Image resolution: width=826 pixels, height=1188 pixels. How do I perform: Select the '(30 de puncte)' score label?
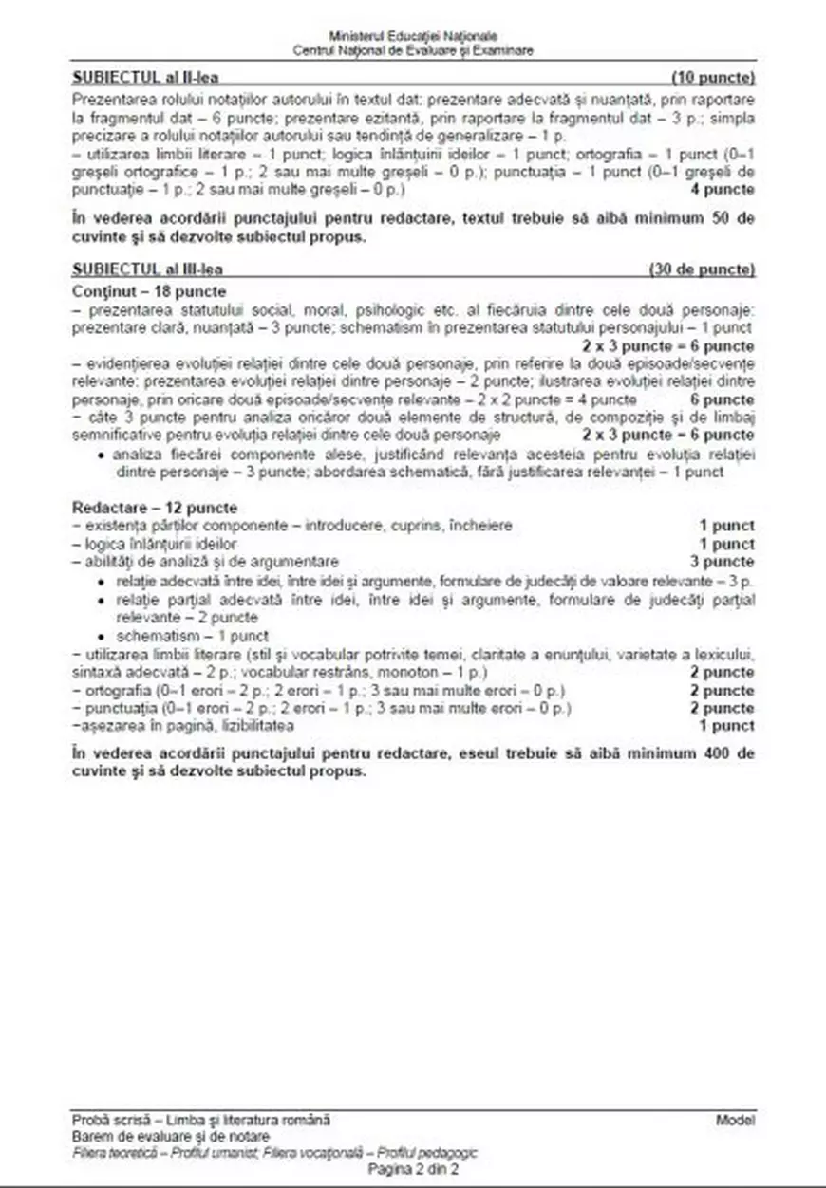coord(702,269)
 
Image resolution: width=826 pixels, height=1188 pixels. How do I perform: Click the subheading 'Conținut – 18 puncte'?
coord(148,289)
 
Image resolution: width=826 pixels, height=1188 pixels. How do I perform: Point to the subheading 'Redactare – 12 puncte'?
coord(154,508)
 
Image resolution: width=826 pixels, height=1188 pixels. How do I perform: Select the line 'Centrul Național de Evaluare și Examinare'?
coord(413,48)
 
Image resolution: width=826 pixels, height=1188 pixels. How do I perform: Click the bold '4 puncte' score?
coord(723,189)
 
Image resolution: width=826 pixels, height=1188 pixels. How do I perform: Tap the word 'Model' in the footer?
coord(736,1121)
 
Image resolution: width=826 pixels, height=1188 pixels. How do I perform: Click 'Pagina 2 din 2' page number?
coord(413,1170)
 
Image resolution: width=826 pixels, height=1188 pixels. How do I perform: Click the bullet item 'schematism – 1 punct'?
coord(192,636)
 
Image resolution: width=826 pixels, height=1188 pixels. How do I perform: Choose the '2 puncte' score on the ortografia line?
coord(723,690)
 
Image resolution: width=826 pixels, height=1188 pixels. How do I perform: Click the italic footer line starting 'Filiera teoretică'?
coord(274,1153)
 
